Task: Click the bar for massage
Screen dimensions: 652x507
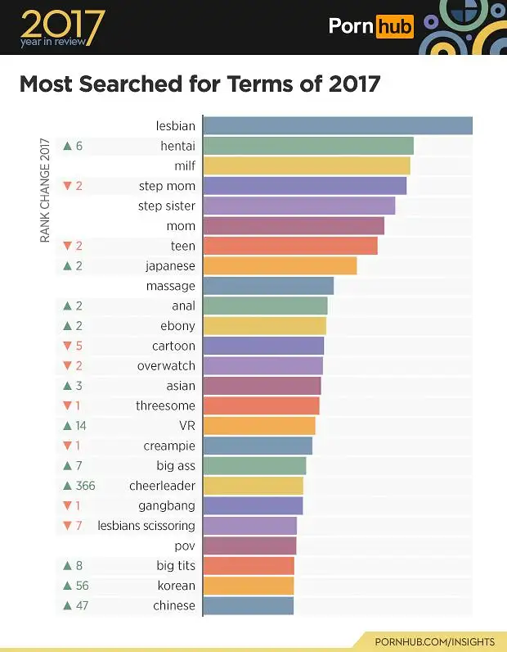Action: point(268,286)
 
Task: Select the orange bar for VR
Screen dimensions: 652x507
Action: point(258,426)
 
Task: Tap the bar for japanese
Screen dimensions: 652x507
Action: point(280,266)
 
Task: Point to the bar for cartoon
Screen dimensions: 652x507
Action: point(263,346)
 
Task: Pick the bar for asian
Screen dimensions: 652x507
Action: point(262,386)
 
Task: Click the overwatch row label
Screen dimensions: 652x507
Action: point(166,366)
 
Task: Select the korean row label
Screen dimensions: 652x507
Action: point(177,586)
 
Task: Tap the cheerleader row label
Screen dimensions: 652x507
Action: point(162,486)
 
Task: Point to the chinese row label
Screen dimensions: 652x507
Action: point(174,606)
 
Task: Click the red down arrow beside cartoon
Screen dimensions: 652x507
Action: point(67,346)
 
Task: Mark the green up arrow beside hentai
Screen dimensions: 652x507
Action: point(67,147)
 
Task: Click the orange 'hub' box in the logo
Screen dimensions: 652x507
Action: point(394,26)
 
